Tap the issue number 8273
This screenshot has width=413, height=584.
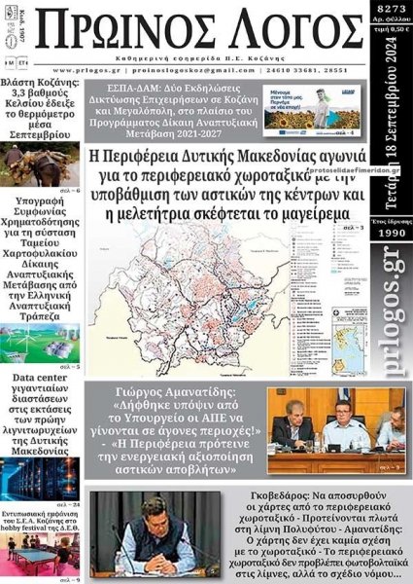[x=392, y=10]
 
